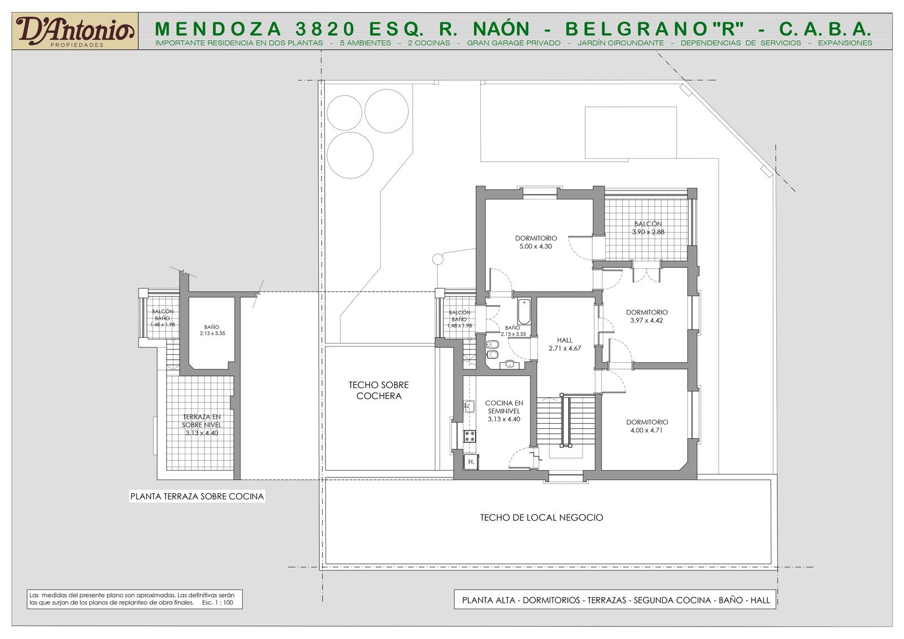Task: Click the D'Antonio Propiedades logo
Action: click(x=75, y=32)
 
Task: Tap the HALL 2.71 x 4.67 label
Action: click(x=564, y=344)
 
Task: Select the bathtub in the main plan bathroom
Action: click(x=524, y=312)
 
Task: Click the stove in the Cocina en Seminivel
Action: click(x=470, y=436)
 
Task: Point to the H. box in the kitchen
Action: click(x=471, y=462)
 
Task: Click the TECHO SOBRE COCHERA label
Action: click(x=379, y=390)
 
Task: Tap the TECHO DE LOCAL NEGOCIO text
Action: click(x=541, y=518)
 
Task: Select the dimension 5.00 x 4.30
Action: click(x=536, y=246)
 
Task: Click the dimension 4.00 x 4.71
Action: click(x=646, y=431)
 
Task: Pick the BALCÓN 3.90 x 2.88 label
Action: click(x=647, y=228)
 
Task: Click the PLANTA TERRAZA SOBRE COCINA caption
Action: click(x=197, y=497)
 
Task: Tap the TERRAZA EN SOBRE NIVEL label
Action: click(x=201, y=420)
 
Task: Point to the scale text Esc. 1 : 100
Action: click(x=218, y=603)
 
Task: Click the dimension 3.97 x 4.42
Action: click(x=646, y=320)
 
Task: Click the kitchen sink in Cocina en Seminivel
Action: click(x=468, y=406)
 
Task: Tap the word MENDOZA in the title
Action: click(x=218, y=29)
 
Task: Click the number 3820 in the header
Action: click(x=325, y=29)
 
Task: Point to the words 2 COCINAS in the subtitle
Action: click(x=429, y=43)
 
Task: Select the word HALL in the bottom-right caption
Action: click(x=760, y=600)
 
